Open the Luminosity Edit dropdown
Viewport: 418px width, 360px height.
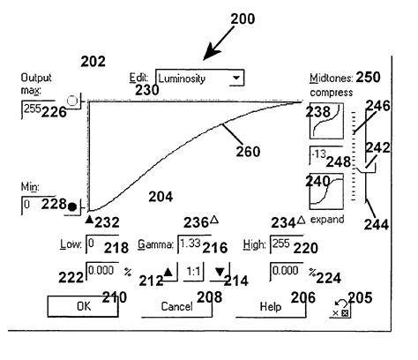point(199,79)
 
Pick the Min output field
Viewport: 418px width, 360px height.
point(40,205)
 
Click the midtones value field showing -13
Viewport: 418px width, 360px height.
point(327,157)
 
